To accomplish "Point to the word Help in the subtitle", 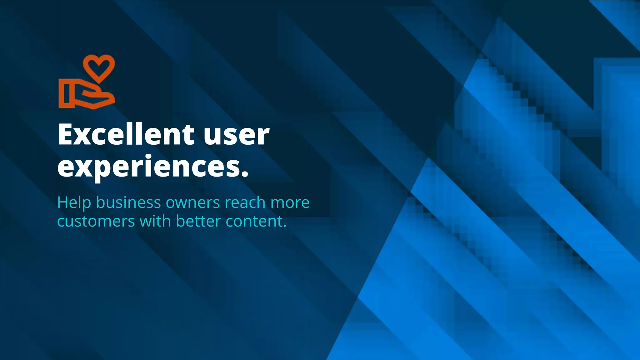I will click(74, 202).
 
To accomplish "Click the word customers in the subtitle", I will click(96, 222).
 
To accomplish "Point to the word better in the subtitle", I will click(198, 221).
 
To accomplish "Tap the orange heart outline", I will click(99, 67).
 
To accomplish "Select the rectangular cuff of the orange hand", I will click(66, 93).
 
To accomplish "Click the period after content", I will click(284, 226).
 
